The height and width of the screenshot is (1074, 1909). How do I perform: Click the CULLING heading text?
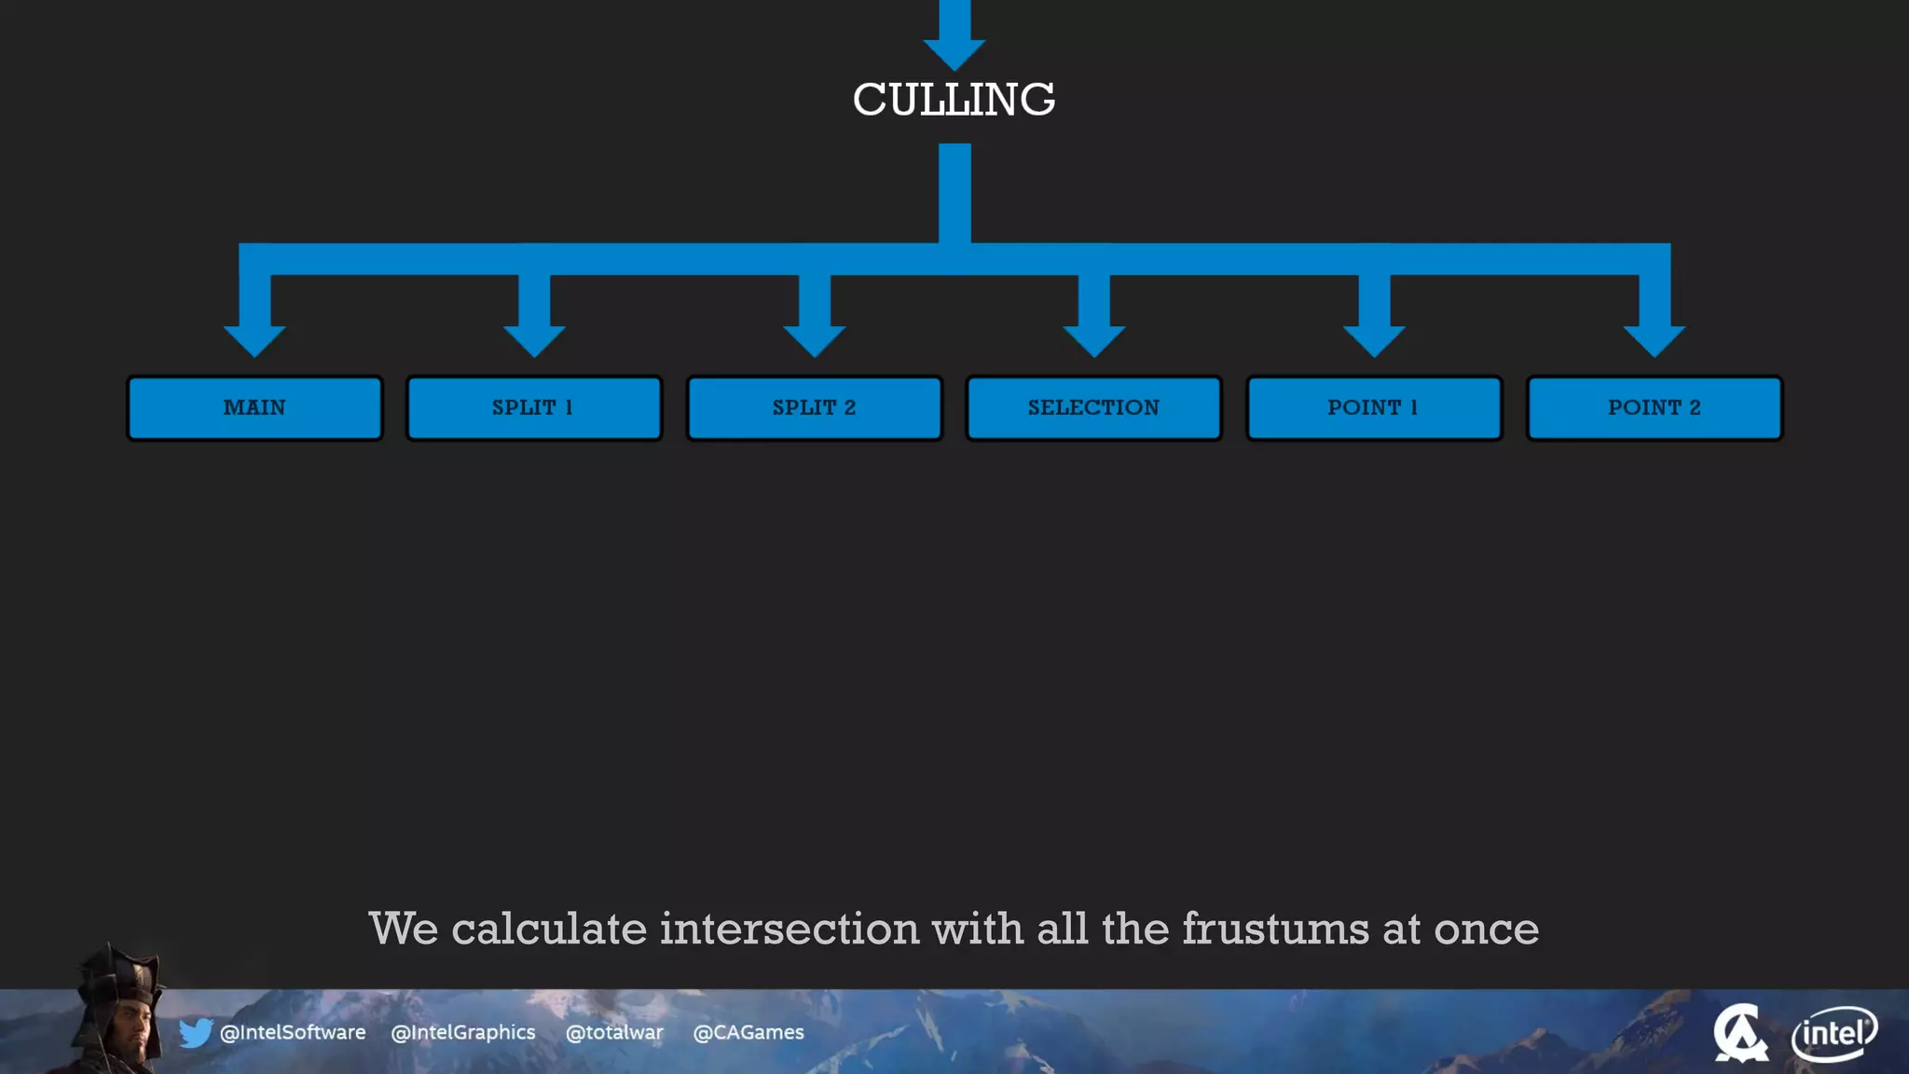point(954,100)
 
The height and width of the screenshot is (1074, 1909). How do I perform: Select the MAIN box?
point(254,407)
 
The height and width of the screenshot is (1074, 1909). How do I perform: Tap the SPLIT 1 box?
point(534,407)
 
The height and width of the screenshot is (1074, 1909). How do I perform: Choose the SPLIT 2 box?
point(814,407)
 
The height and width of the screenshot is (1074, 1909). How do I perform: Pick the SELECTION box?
point(1093,407)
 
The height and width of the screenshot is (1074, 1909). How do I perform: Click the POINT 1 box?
point(1373,407)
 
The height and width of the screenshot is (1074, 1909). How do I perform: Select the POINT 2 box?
point(1654,407)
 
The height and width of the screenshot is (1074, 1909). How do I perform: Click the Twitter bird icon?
point(196,1032)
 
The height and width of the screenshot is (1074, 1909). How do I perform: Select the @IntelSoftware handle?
point(293,1032)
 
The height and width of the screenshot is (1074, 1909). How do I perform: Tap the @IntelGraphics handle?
point(463,1032)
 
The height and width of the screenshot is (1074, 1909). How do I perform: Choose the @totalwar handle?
point(614,1032)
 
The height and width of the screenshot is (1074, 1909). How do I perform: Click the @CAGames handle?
point(748,1032)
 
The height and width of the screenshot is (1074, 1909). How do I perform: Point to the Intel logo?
point(1833,1033)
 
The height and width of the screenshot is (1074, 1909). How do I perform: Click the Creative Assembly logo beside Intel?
point(1739,1033)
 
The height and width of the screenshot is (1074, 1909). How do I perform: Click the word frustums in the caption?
point(1276,929)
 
